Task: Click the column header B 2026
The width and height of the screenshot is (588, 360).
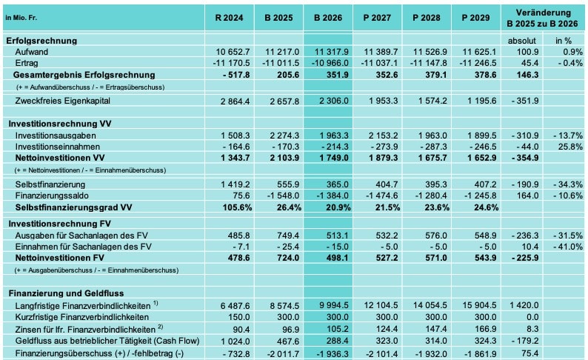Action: [x=327, y=17]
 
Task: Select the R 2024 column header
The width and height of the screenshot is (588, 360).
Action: [x=228, y=17]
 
